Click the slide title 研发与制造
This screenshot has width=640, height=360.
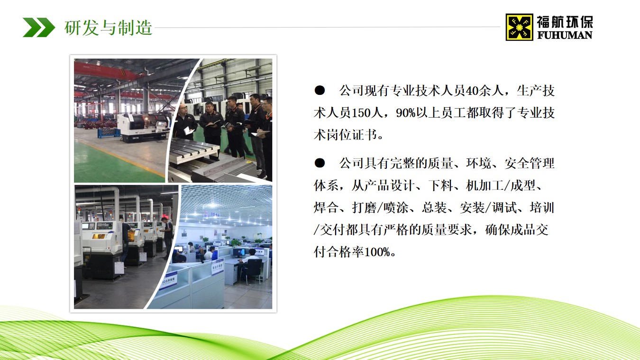(x=109, y=28)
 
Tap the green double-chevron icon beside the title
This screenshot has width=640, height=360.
(x=38, y=27)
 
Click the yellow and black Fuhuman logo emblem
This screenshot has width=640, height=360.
(x=519, y=27)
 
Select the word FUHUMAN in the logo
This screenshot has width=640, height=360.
(x=565, y=35)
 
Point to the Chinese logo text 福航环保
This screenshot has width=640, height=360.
(x=565, y=22)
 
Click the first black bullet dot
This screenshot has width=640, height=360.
(x=320, y=90)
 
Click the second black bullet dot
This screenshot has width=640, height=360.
(x=320, y=163)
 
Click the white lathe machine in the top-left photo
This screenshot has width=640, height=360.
(x=143, y=126)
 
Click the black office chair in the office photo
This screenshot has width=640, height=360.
(x=254, y=270)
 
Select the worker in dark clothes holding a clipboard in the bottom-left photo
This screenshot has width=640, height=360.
(x=167, y=237)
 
